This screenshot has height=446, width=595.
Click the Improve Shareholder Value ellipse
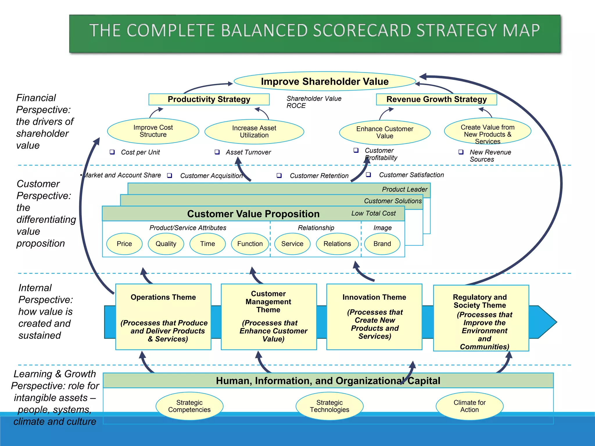click(x=325, y=81)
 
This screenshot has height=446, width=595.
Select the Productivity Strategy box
click(x=209, y=99)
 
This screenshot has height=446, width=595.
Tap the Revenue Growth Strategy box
click(x=436, y=99)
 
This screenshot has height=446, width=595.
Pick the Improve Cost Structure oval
click(x=153, y=131)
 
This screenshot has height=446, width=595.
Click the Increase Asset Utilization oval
click(x=254, y=132)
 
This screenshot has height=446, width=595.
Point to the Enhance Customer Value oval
click(x=385, y=132)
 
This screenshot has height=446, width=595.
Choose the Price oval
click(x=124, y=244)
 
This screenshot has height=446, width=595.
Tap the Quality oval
click(x=166, y=244)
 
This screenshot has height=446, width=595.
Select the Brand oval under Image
click(x=382, y=244)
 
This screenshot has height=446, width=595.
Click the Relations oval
click(x=337, y=244)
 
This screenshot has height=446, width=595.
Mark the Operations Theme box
click(x=163, y=317)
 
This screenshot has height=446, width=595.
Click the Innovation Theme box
click(x=374, y=317)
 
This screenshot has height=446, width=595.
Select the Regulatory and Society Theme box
click(x=481, y=318)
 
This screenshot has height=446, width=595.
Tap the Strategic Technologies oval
click(x=329, y=406)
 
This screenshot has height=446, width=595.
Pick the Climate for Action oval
click(x=469, y=406)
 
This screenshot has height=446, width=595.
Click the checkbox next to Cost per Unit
click(x=112, y=152)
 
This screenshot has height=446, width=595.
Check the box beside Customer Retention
click(x=279, y=175)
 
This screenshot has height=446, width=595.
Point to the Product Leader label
click(x=404, y=189)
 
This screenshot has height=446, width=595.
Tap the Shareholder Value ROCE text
click(x=314, y=102)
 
